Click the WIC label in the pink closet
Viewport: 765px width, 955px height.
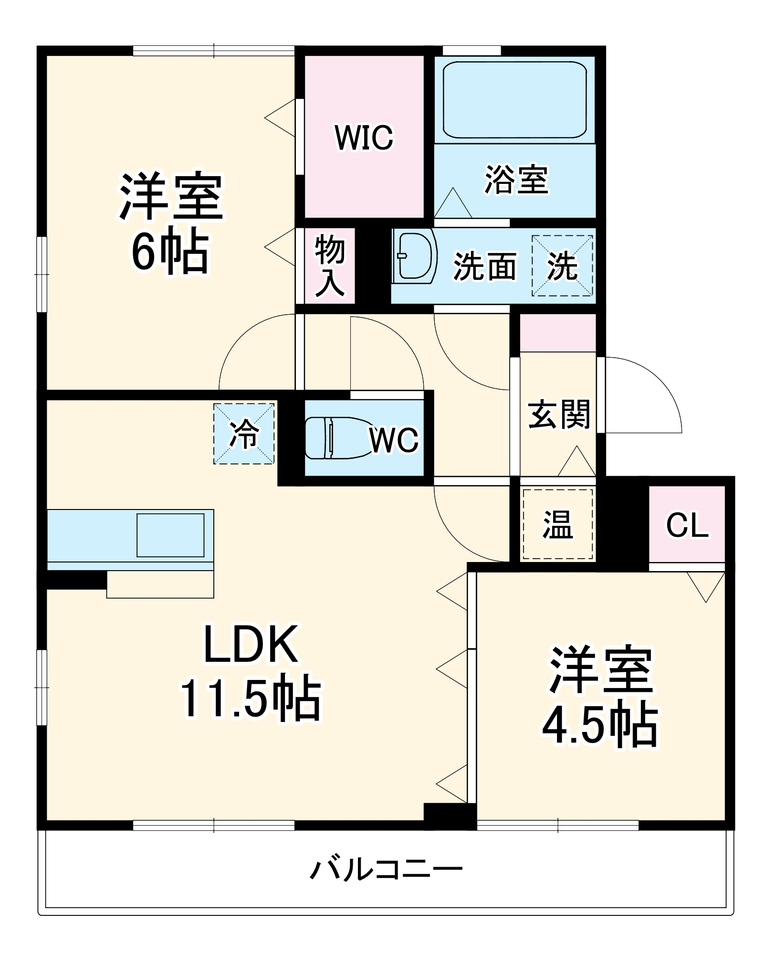364,138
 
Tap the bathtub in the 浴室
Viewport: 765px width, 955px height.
514,100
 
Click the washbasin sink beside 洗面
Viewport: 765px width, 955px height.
414,256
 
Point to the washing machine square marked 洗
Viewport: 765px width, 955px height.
562,266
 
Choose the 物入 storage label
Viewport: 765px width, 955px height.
329,265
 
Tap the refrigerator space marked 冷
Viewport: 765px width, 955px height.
244,434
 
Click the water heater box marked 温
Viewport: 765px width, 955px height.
557,524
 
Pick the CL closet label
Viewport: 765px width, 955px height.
687,525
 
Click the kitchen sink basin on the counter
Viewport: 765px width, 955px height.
170,535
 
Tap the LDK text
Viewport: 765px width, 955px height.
251,645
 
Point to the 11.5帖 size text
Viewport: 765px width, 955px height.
251,699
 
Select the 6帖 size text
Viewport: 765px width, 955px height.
170,252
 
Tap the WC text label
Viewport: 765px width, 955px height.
394,440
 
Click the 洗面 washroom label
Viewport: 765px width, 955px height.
484,266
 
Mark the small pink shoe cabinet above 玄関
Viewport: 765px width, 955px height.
557,332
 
